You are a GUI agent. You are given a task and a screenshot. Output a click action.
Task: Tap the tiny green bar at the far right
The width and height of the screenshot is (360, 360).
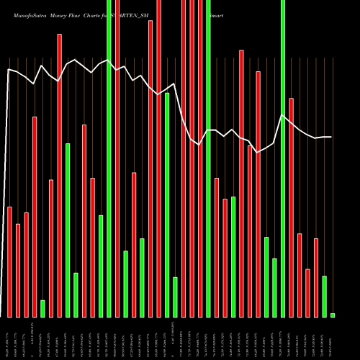pyautogui.click(x=333, y=315)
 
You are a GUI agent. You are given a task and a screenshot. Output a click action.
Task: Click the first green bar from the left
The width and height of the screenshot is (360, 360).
pyautogui.click(x=42, y=308)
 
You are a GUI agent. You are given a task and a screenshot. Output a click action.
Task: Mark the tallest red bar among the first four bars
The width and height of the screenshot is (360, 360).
pyautogui.click(x=35, y=216)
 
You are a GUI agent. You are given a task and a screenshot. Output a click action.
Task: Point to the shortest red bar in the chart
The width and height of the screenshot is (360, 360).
pyautogui.click(x=307, y=292)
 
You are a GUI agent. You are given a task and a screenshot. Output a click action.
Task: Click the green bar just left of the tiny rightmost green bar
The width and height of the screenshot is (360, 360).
pyautogui.click(x=324, y=296)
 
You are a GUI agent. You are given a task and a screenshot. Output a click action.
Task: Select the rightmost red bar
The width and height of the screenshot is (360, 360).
pyautogui.click(x=316, y=277)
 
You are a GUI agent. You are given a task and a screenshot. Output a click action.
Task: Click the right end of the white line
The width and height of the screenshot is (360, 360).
pyautogui.click(x=331, y=137)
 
